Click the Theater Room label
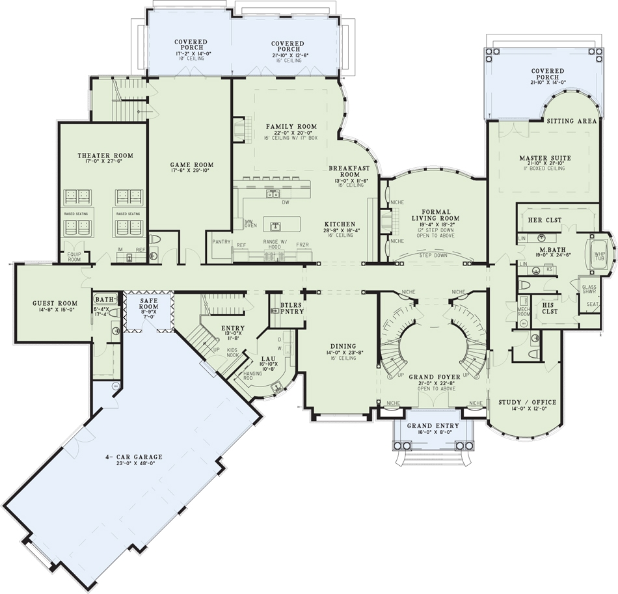click(x=105, y=155)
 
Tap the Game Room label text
click(x=192, y=165)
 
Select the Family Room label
click(x=291, y=126)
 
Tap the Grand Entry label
click(x=433, y=426)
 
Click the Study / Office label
click(x=522, y=401)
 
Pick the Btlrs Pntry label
click(x=292, y=308)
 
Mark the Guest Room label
click(x=55, y=303)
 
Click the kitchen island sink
click(x=276, y=226)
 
